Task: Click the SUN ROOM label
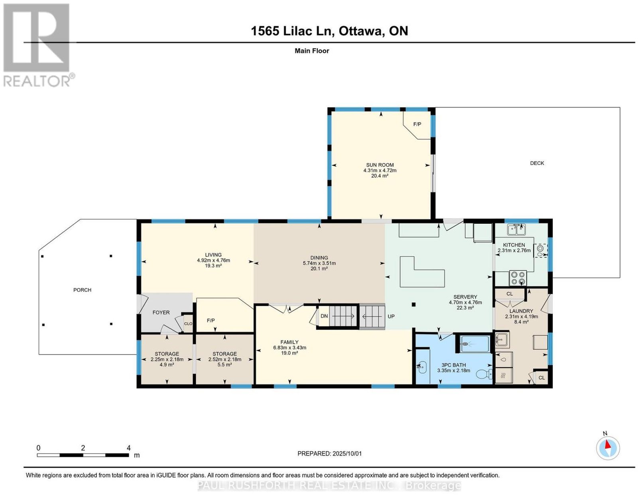click(x=379, y=165)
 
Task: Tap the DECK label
click(x=537, y=163)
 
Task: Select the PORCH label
click(x=82, y=290)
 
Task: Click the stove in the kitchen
click(x=518, y=278)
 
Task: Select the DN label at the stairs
click(x=324, y=316)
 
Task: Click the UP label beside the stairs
click(x=391, y=316)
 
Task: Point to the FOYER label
click(x=161, y=313)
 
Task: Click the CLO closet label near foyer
click(x=188, y=323)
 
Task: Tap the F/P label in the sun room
click(x=417, y=124)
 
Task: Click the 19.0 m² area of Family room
click(x=289, y=353)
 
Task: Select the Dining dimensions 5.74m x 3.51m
click(x=319, y=263)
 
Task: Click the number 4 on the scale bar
click(x=128, y=448)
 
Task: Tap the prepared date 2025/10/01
click(x=347, y=454)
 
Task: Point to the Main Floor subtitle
click(x=311, y=51)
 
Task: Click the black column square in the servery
click(x=414, y=305)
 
